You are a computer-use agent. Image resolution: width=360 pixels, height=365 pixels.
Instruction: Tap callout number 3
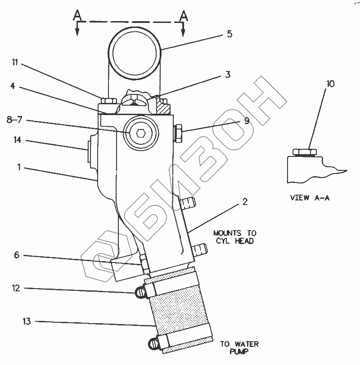(228, 75)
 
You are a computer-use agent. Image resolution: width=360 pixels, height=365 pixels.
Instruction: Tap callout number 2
(244, 201)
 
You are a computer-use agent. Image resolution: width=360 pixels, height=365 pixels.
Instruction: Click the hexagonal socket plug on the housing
(140, 133)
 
